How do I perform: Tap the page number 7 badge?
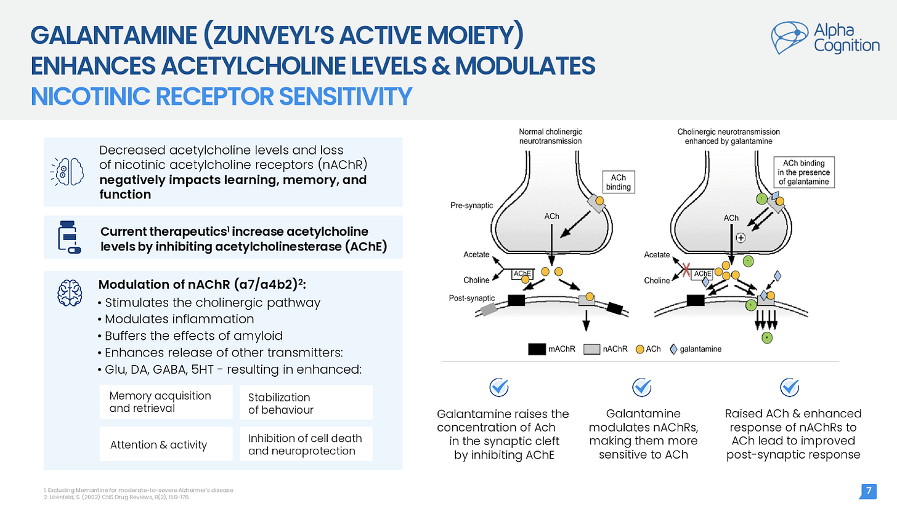[x=868, y=491]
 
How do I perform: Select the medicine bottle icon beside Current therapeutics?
[x=69, y=236]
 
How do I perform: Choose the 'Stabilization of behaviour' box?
[x=306, y=403]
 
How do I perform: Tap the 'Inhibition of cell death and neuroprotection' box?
[x=306, y=444]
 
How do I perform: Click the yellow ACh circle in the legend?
[x=640, y=349]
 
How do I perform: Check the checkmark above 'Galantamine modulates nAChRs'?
[x=643, y=387]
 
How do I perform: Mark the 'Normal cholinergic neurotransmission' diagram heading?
[x=550, y=136]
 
